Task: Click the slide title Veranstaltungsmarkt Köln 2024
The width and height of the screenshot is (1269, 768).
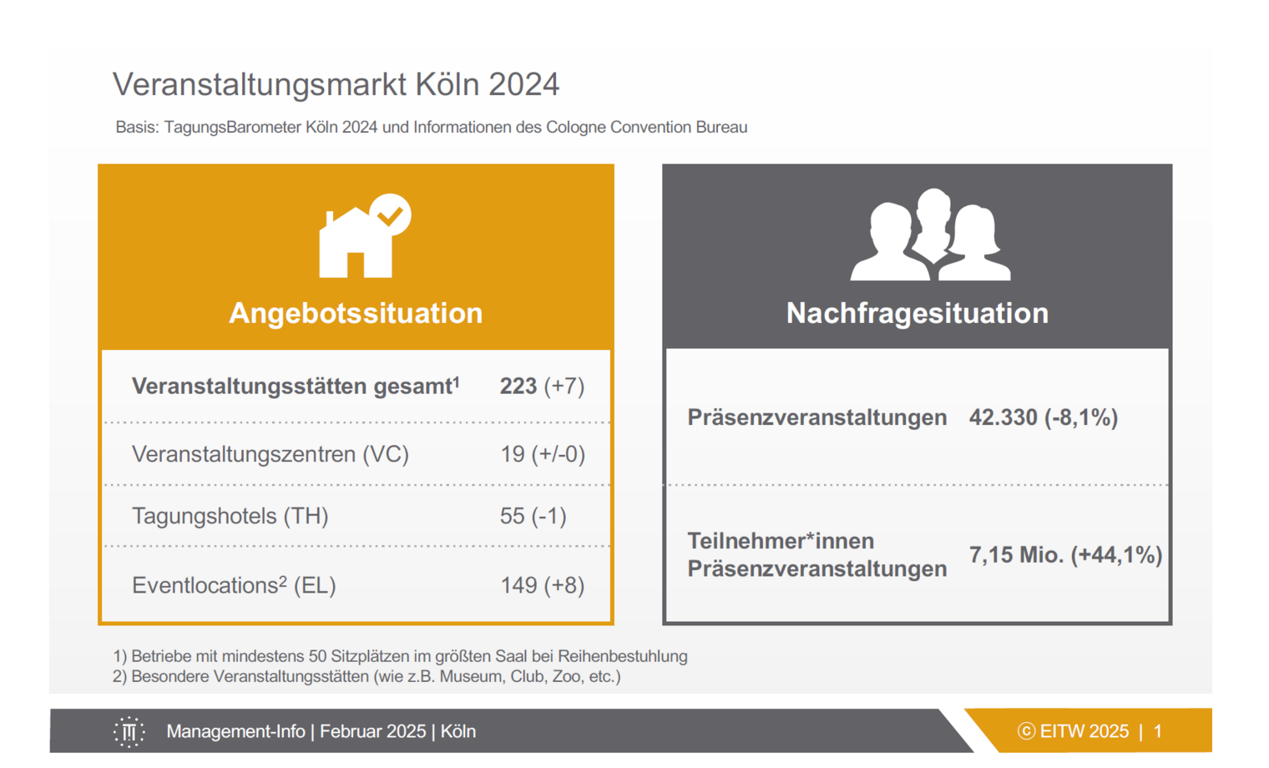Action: [336, 85]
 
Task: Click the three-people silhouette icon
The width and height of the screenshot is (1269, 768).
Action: [930, 235]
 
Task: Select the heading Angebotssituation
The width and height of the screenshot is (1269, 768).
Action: [356, 313]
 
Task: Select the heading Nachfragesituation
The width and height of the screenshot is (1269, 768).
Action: [918, 313]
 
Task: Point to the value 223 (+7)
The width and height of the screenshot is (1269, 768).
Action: [542, 387]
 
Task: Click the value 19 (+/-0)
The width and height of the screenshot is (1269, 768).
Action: [543, 454]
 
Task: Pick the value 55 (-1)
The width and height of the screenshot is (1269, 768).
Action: [533, 516]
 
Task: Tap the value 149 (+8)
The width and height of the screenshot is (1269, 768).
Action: [542, 585]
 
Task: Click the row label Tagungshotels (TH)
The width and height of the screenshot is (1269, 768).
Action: [230, 516]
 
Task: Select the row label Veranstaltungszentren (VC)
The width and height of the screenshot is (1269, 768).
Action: [270, 454]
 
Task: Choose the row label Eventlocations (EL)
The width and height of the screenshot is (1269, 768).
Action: [234, 585]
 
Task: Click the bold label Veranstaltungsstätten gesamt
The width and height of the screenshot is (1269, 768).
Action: [296, 387]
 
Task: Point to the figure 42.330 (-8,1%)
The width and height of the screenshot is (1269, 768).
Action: [1044, 417]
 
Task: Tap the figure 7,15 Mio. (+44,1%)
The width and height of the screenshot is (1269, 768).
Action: [1065, 555]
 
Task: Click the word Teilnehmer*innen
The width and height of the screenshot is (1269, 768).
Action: [781, 541]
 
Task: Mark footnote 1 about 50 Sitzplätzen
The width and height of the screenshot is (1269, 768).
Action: [400, 656]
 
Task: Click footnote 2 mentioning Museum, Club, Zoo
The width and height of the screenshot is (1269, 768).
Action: [367, 676]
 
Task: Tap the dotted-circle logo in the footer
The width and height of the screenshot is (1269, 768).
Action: [129, 732]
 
